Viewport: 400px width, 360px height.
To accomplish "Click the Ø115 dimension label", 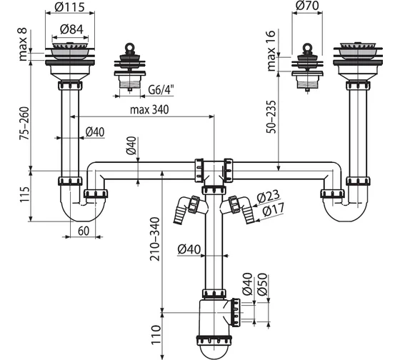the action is pyautogui.click(x=69, y=7).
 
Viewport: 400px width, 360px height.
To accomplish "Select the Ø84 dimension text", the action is pyautogui.click(x=71, y=29).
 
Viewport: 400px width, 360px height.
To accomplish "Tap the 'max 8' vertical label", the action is pyautogui.click(x=23, y=44).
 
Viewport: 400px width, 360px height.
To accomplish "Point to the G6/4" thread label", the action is pyautogui.click(x=161, y=90).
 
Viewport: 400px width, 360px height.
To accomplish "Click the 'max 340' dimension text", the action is pyautogui.click(x=149, y=110).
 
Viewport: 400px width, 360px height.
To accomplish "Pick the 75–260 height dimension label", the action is pyautogui.click(x=25, y=124).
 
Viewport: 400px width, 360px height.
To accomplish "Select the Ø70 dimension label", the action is pyautogui.click(x=307, y=6).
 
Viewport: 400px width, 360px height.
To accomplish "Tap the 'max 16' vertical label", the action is pyautogui.click(x=271, y=51).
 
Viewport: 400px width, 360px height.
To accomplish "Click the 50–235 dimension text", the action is pyautogui.click(x=271, y=117).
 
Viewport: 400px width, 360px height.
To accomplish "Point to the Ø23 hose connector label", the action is pyautogui.click(x=269, y=196).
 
